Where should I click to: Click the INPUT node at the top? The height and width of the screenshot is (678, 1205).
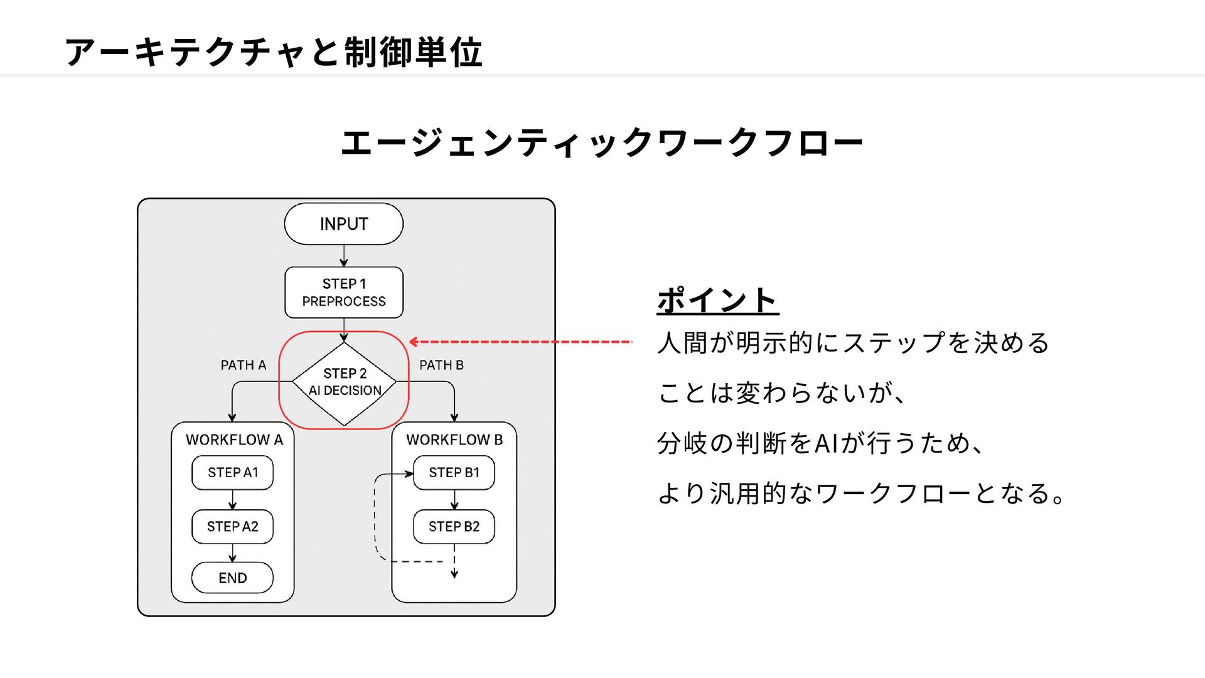pyautogui.click(x=343, y=223)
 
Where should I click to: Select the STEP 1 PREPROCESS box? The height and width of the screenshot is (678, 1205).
pyautogui.click(x=344, y=293)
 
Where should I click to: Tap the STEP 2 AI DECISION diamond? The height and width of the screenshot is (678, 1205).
pyautogui.click(x=345, y=384)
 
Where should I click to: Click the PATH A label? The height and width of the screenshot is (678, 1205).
pyautogui.click(x=244, y=365)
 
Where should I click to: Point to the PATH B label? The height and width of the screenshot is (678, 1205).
pyautogui.click(x=441, y=365)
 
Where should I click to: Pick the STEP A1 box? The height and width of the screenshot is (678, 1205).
pyautogui.click(x=232, y=473)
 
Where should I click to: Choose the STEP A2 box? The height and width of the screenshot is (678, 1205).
pyautogui.click(x=232, y=527)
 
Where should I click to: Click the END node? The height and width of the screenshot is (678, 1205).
pyautogui.click(x=232, y=578)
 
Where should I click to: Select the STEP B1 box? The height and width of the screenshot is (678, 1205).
pyautogui.click(x=454, y=473)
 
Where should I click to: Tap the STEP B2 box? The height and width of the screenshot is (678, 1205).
pyautogui.click(x=454, y=527)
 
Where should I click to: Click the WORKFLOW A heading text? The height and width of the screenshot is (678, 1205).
pyautogui.click(x=234, y=439)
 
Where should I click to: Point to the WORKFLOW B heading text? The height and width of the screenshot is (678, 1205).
pyautogui.click(x=454, y=439)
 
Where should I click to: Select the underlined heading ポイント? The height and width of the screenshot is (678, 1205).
pyautogui.click(x=717, y=300)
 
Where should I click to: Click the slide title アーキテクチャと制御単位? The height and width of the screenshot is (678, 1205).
pyautogui.click(x=274, y=51)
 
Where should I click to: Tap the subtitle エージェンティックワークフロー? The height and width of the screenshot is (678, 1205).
pyautogui.click(x=602, y=143)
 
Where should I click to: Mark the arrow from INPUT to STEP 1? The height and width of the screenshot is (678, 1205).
pyautogui.click(x=344, y=256)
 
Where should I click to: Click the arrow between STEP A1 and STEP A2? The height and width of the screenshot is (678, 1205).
pyautogui.click(x=232, y=500)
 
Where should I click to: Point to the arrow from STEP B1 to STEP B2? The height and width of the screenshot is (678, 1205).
pyautogui.click(x=454, y=500)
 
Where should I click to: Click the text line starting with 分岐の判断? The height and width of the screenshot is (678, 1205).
pyautogui.click(x=821, y=443)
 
